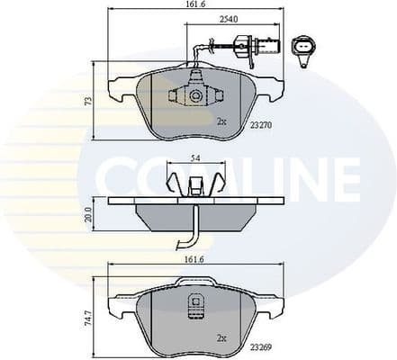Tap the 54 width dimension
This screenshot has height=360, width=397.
195,160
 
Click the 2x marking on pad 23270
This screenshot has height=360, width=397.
221,120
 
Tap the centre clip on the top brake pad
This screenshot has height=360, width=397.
194,94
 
